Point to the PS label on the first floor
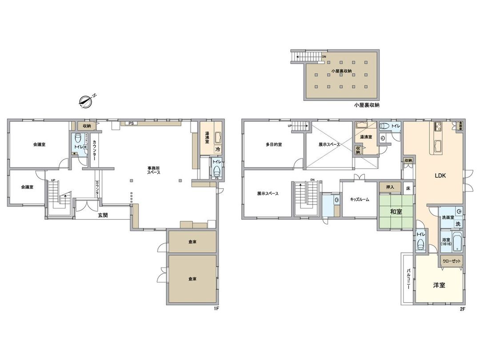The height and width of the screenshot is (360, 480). pos(131,123)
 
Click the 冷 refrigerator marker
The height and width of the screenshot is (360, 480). pos(217,150)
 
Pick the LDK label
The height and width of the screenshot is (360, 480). pos(440,176)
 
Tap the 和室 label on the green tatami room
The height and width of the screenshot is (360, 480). pos(396,212)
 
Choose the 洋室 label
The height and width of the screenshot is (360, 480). pos(439,285)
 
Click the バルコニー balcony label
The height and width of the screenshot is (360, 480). pos(408,279)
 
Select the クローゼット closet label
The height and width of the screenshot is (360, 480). pos(452,261)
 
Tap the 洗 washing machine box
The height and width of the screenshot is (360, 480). pos(457,224)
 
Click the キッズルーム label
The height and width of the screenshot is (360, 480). pos(359,200)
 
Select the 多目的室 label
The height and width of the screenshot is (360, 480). pos(274,144)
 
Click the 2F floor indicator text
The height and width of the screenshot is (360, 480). pos(462,308)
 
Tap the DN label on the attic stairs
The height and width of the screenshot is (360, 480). pos(324,57)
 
